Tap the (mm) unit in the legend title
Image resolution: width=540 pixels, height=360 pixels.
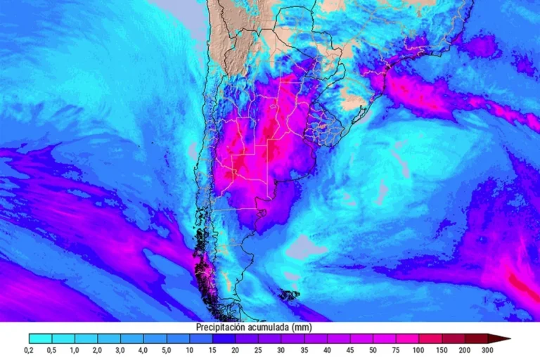pos(302,328)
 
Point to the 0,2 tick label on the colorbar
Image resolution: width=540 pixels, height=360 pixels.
pos(29,349)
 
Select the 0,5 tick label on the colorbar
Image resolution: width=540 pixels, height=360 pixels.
pos(52,349)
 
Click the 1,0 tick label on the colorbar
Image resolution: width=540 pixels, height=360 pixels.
pos(75,349)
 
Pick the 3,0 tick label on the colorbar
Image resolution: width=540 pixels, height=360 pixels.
pos(120,349)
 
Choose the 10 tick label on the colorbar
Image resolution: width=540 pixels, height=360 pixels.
pos(189,349)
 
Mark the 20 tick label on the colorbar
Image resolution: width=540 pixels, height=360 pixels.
pos(234,349)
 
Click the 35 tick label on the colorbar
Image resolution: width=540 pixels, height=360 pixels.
pos(303,349)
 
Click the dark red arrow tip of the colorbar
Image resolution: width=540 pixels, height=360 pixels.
pos(504,339)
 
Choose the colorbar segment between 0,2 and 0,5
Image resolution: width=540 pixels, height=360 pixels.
pos(41,339)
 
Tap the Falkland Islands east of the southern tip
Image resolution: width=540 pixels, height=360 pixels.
pos(289,295)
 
